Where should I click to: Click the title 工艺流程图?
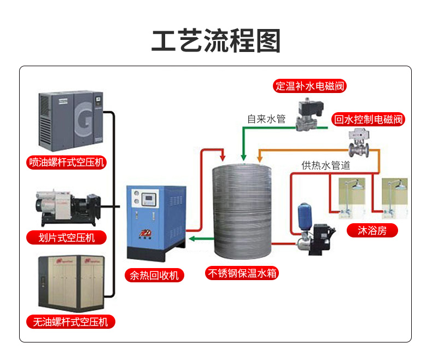tap(215, 41)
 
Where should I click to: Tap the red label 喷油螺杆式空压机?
tap(67, 162)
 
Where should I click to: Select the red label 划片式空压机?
tap(67, 237)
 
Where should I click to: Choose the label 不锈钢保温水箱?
tap(242, 273)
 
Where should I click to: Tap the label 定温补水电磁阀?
tap(310, 86)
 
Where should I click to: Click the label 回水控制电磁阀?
tap(368, 119)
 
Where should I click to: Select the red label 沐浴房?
tap(372, 230)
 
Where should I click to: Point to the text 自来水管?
tap(266, 119)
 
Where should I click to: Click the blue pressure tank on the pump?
tap(304, 217)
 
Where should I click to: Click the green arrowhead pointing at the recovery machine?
tap(191, 239)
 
